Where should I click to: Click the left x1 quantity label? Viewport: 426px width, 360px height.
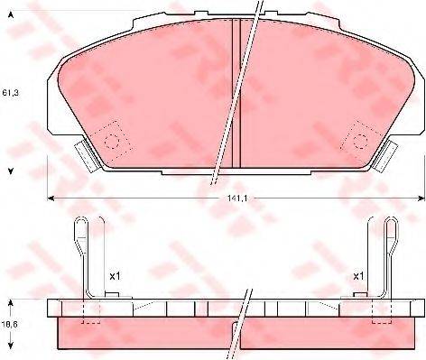tap(115, 275)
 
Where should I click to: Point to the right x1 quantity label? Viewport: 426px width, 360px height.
tap(357, 275)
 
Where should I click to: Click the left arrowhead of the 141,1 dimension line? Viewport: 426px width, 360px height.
tap(51, 198)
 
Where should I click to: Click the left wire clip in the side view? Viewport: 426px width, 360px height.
tap(83, 257)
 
